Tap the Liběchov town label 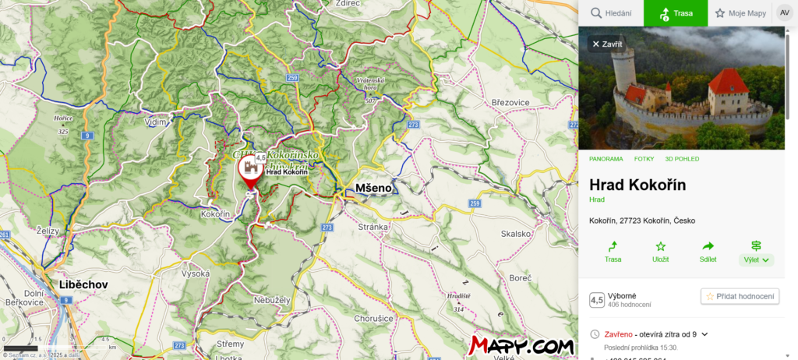(x=83, y=284)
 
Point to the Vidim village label (x=156, y=122)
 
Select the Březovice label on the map (x=510, y=102)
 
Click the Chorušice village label (x=373, y=318)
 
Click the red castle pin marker (x=250, y=174)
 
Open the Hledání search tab (x=610, y=13)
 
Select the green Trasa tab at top (x=676, y=13)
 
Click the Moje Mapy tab (x=740, y=13)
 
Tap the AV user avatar (x=784, y=13)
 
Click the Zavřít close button (x=607, y=44)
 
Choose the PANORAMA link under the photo (x=606, y=159)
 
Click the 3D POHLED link (x=682, y=159)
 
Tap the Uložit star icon (x=660, y=246)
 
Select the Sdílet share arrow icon (x=708, y=246)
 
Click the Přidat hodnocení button (x=740, y=296)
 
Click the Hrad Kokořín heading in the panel (x=637, y=185)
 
